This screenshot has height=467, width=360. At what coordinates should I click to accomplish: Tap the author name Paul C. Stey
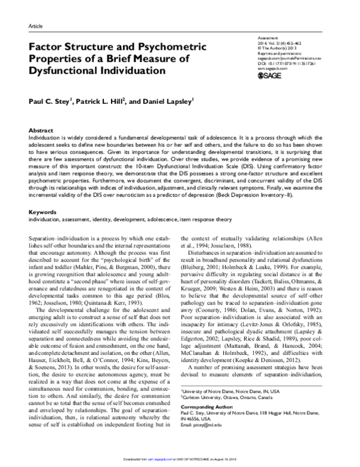coord(50,102)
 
